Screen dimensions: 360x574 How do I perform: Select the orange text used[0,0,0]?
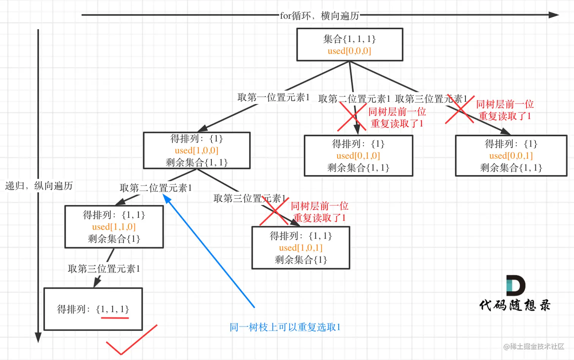point(349,51)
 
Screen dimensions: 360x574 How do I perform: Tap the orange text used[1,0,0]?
point(196,150)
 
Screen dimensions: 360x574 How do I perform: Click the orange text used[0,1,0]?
point(358,156)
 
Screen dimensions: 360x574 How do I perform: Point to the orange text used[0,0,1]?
point(511,156)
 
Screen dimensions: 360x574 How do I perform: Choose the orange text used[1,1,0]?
point(114,227)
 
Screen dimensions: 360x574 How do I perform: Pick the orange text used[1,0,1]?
point(301,248)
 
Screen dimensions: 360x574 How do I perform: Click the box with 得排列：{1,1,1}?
point(93,309)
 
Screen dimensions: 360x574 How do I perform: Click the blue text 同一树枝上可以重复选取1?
point(285,327)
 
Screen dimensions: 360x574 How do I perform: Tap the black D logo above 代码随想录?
point(515,286)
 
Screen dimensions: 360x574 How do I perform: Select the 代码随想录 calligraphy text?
point(514,305)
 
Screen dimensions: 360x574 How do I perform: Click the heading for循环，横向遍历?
point(319,16)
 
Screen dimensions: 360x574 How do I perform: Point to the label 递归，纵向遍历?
point(39,186)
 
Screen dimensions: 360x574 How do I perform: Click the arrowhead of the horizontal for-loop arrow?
point(554,15)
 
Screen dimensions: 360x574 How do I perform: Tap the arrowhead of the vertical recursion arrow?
point(38,337)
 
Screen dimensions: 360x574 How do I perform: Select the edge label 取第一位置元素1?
point(273,98)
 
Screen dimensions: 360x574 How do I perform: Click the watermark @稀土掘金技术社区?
point(533,346)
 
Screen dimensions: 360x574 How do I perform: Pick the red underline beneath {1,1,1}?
point(115,317)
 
